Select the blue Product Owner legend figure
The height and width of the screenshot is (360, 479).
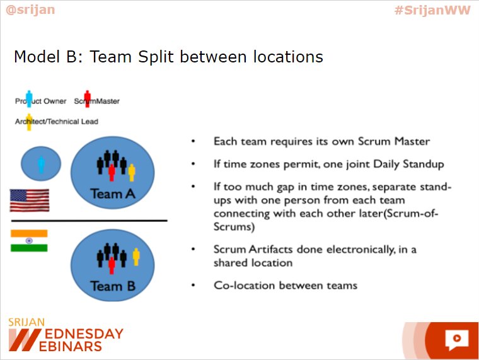(x=28, y=99)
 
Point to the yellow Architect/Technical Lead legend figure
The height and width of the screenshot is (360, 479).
(x=29, y=121)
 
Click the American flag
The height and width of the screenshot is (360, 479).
(x=30, y=200)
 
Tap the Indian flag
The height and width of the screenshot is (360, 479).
(x=29, y=241)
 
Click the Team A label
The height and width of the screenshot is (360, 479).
(x=113, y=194)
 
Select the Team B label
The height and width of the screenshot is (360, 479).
(x=113, y=286)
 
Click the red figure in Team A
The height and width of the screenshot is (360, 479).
(x=112, y=171)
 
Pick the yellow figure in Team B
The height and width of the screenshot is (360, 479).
(x=135, y=257)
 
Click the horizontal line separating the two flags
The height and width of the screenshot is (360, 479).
(x=89, y=221)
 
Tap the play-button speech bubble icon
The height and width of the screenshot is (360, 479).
(x=456, y=339)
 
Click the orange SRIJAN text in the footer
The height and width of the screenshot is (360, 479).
(x=26, y=322)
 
